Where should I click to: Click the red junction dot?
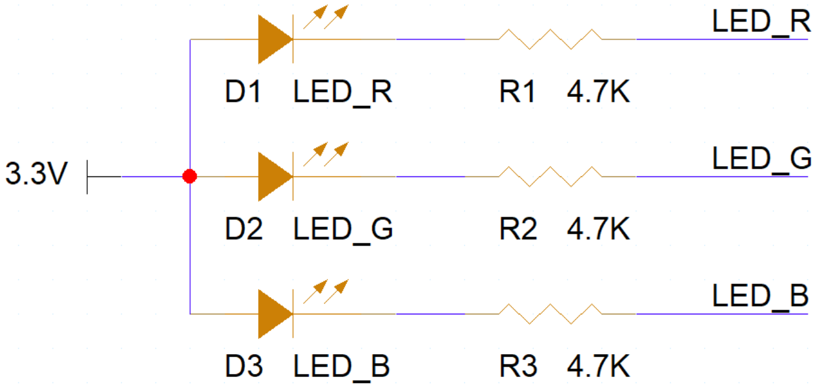click(190, 176)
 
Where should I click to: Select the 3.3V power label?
click(34, 175)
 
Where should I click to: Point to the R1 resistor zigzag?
click(550, 39)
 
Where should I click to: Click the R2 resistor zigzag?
click(550, 176)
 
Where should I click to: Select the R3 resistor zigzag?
click(550, 314)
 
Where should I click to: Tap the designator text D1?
click(243, 93)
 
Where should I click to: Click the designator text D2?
click(243, 230)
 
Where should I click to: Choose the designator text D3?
click(243, 367)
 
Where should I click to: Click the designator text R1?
click(518, 93)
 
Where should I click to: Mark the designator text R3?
click(518, 367)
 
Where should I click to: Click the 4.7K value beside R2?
click(598, 230)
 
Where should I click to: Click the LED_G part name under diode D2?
click(343, 230)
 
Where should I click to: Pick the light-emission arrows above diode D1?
click(326, 17)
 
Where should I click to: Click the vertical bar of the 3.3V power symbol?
click(88, 176)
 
